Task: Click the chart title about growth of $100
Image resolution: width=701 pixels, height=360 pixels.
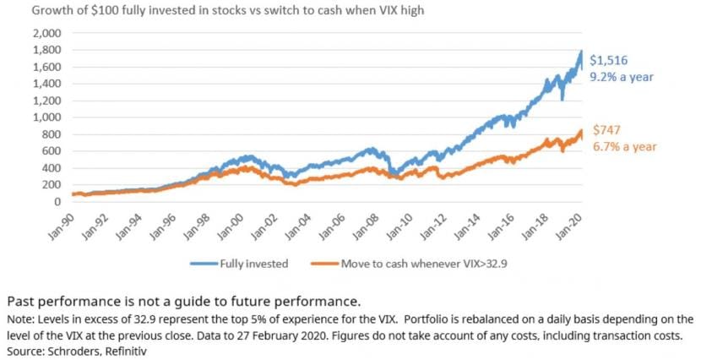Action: (227, 10)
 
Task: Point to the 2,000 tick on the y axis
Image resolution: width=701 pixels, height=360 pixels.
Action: (47, 34)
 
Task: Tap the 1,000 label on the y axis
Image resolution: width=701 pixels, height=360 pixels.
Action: (47, 117)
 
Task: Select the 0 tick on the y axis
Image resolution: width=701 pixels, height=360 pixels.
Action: (57, 202)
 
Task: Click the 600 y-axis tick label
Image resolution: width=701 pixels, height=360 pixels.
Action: (52, 151)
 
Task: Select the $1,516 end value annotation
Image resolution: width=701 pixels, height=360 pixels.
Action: (608, 60)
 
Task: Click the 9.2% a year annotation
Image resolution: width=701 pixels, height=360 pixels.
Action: (622, 77)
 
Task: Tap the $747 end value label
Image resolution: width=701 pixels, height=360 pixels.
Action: (606, 130)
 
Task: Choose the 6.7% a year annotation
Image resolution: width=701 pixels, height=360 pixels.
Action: (624, 147)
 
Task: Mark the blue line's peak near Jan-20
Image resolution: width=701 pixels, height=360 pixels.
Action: (581, 51)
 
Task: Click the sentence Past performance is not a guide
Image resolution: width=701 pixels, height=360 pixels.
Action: (184, 302)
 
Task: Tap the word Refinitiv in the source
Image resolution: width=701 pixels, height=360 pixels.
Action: (126, 352)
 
